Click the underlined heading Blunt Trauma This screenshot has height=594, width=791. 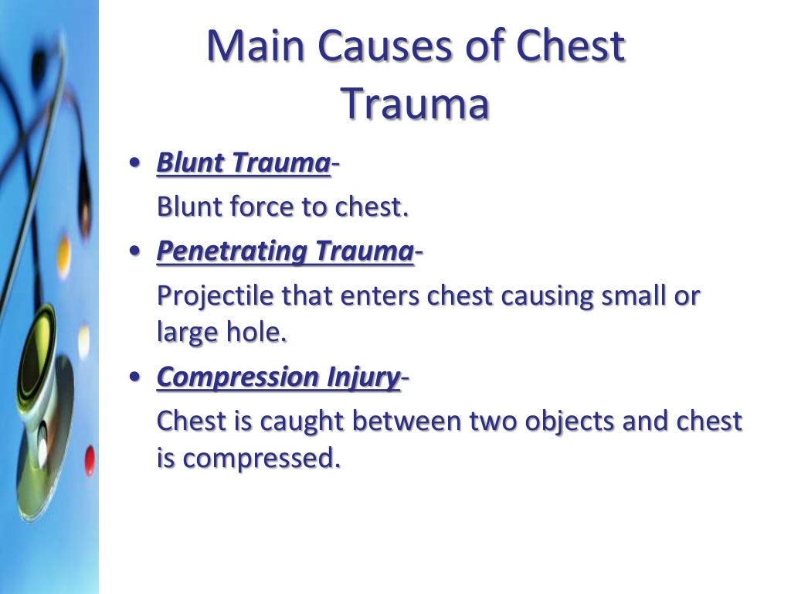pos(243,163)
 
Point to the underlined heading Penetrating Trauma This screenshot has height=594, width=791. pos(285,251)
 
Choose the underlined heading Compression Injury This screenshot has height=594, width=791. pos(278,377)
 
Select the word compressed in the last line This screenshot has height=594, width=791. pos(260,459)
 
